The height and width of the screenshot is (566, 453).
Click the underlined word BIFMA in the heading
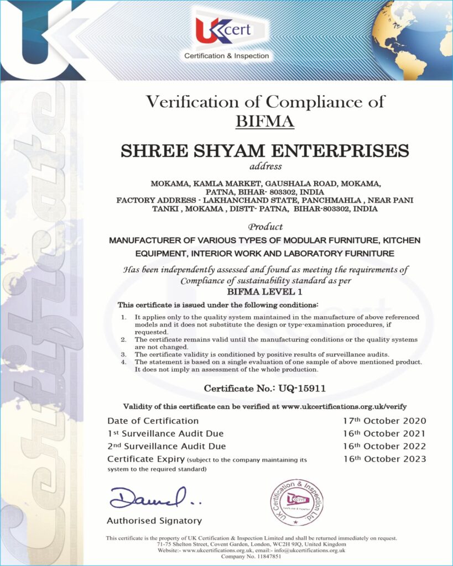tap(265, 120)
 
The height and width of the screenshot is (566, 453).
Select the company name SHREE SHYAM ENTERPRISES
tap(265, 150)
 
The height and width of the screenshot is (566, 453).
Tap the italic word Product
tap(265, 227)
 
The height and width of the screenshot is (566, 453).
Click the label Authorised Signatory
tap(154, 521)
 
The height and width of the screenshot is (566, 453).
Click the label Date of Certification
tap(153, 421)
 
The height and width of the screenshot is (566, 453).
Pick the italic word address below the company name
tap(265, 166)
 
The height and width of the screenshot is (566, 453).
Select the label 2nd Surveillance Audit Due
tap(166, 446)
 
